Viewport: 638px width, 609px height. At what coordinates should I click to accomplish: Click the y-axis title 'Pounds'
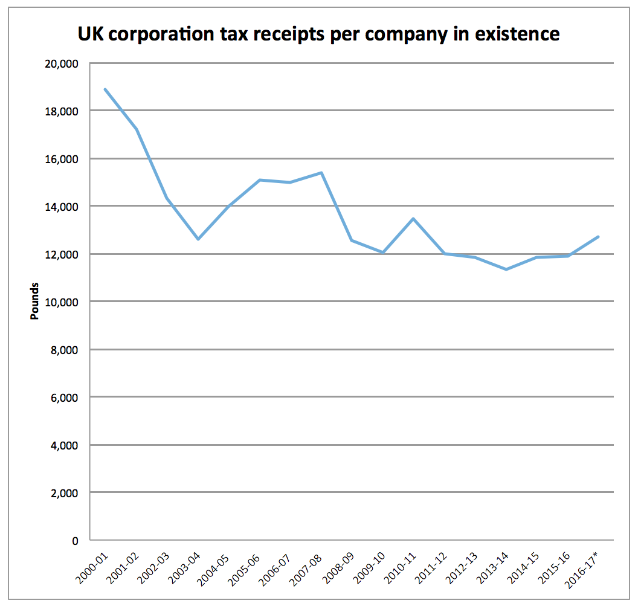tap(35, 301)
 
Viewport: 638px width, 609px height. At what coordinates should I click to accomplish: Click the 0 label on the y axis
tap(76, 541)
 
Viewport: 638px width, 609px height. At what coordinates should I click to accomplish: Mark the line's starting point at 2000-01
tap(106, 89)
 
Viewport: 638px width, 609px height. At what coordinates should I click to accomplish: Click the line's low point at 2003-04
tap(198, 239)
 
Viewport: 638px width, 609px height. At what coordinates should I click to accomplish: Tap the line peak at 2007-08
tap(321, 173)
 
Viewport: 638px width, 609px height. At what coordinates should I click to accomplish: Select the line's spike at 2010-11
tap(414, 219)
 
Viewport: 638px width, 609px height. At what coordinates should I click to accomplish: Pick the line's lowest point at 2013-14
tap(506, 269)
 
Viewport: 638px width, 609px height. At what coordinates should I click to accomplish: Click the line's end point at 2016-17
tap(598, 237)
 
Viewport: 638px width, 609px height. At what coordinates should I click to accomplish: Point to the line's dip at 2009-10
tap(383, 253)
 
